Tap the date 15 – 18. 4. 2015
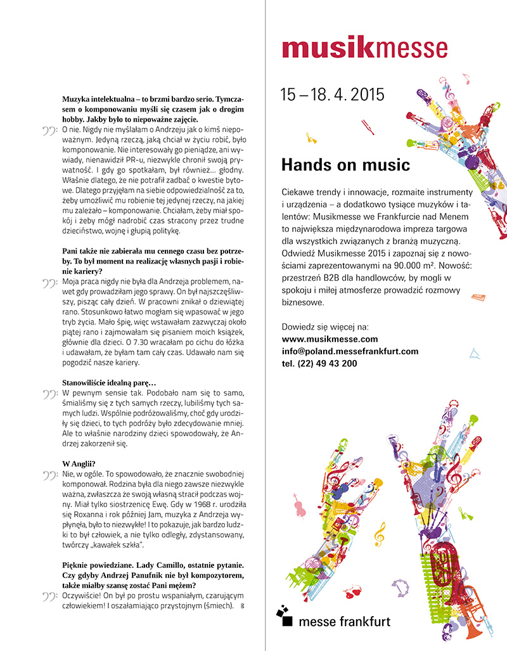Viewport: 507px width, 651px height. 332,95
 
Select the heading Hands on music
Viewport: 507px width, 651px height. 345,166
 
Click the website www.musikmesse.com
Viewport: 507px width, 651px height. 329,339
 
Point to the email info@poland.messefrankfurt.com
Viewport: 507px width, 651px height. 349,351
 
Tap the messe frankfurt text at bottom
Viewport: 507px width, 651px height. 344,621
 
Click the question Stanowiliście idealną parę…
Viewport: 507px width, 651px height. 109,382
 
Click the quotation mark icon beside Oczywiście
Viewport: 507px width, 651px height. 50,596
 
